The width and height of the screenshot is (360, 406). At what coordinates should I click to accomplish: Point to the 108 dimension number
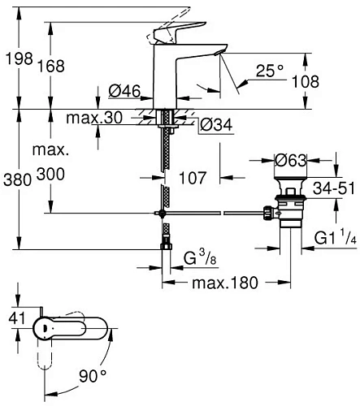point(327,81)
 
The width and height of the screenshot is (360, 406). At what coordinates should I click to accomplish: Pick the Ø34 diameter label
point(216,123)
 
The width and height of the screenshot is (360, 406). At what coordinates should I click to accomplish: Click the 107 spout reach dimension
point(193,176)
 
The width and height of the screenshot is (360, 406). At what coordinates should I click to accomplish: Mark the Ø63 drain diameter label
point(290,160)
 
